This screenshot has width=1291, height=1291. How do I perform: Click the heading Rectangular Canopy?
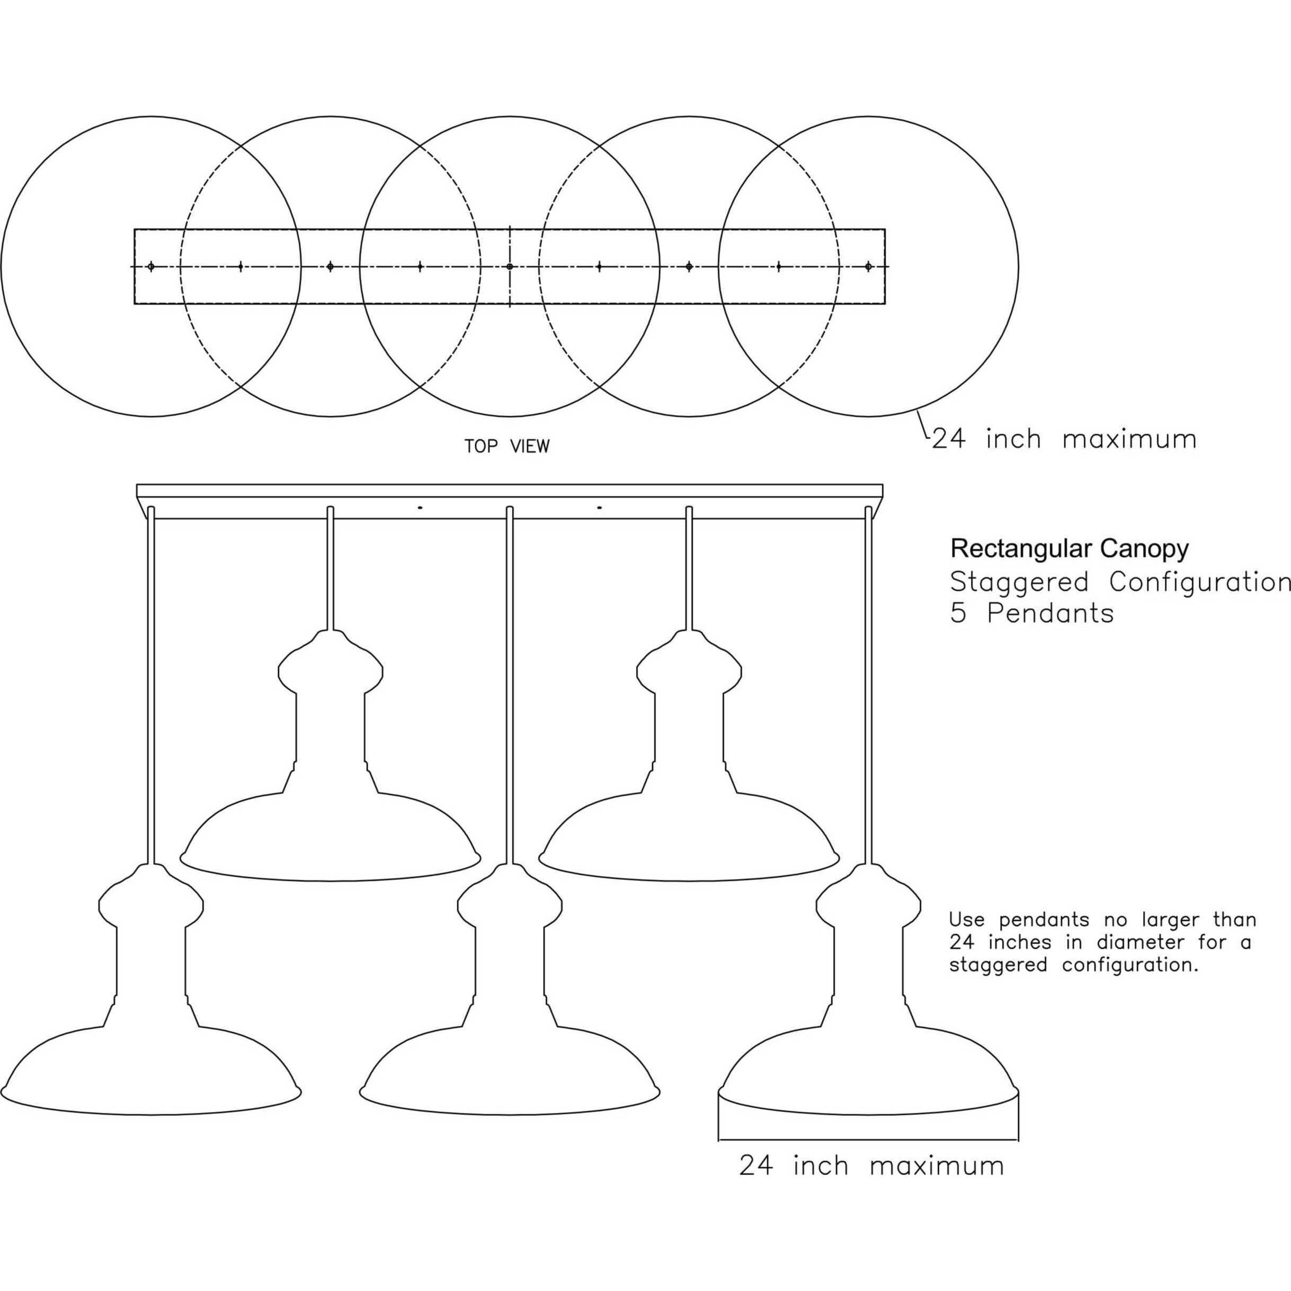[1069, 549]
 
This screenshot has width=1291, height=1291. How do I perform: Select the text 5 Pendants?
[1032, 613]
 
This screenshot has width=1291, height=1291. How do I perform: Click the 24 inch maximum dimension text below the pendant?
[871, 1166]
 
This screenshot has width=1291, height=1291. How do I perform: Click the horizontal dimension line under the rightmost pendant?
[868, 1139]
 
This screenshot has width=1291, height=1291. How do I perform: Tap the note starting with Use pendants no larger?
[1102, 942]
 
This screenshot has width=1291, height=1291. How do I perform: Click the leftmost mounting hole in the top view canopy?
[151, 266]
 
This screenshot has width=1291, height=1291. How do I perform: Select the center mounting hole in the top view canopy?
[510, 266]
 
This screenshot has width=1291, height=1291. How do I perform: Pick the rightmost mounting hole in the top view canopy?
[868, 266]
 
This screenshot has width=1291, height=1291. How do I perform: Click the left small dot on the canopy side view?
[420, 508]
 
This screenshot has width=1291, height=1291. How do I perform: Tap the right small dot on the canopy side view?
[599, 508]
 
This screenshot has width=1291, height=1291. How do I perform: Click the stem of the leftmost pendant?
[151, 682]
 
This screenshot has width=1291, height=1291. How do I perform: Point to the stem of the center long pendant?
[510, 682]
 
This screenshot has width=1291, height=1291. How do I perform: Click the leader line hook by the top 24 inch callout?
[923, 428]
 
